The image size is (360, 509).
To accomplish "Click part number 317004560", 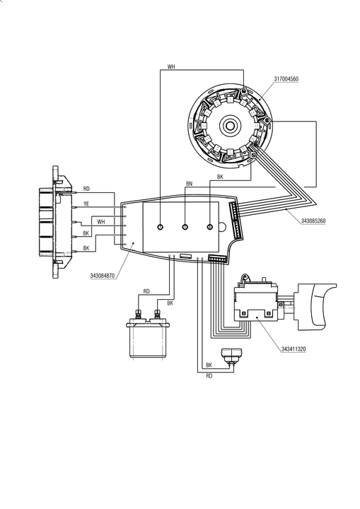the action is tap(286, 79).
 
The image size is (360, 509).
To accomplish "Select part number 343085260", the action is tap(313, 221).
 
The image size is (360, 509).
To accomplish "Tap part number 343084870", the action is tap(103, 276).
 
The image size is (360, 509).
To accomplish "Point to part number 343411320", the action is tap(294, 349).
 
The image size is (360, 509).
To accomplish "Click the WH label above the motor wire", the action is tap(171, 67).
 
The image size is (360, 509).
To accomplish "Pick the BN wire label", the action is tap(189, 184).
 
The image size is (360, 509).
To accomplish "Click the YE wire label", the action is tap(86, 204).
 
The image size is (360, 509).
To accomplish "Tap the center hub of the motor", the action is tap(231, 126).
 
